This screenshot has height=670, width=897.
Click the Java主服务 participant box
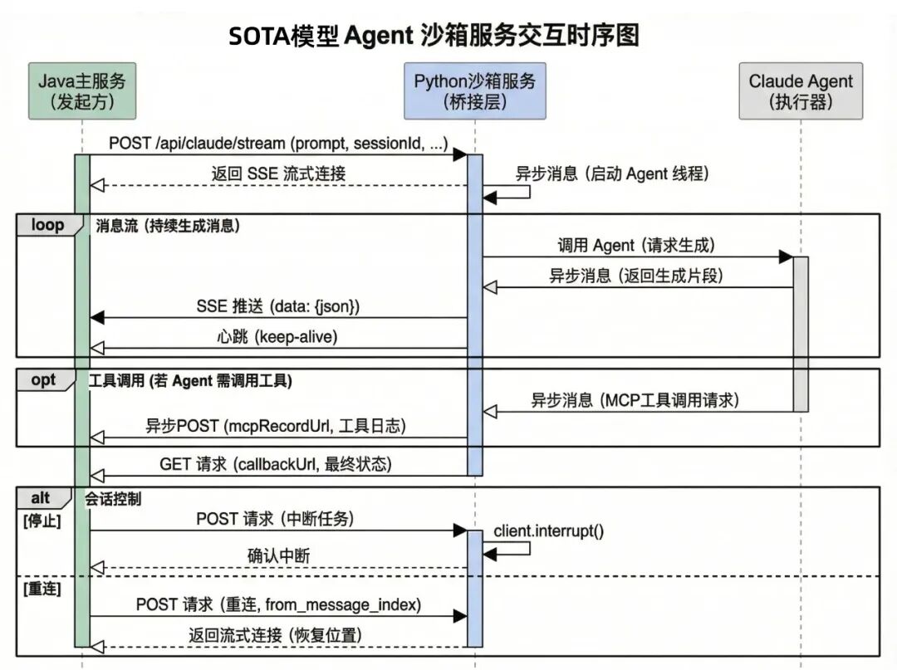coord(82,90)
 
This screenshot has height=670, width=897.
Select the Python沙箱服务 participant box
coord(474,90)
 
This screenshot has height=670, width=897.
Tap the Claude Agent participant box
coord(801,90)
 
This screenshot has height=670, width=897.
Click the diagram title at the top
coord(434,36)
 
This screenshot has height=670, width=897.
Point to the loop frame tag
coord(47,225)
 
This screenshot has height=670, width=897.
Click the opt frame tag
coord(43,379)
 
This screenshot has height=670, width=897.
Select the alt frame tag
coord(41,498)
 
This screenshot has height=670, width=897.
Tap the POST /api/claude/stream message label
coord(278,144)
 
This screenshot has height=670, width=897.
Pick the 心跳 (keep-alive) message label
coord(278,336)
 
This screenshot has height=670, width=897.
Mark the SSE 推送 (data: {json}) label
coord(278,306)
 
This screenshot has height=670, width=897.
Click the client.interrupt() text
coord(548,531)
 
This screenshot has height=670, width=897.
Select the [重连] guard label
coord(41,588)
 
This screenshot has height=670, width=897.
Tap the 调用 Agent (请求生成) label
coord(636,245)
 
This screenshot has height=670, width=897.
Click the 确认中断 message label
coord(278,556)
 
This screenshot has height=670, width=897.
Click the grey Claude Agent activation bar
coord(801,332)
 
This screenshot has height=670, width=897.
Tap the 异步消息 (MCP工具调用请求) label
coord(635,399)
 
